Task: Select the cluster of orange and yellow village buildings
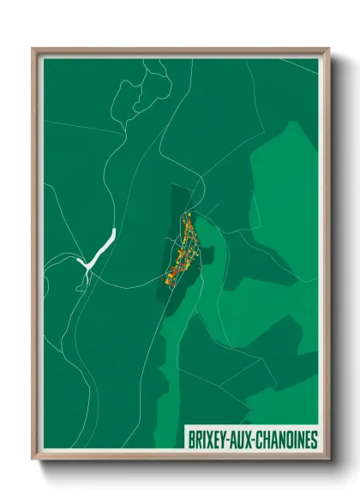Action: click(x=183, y=249)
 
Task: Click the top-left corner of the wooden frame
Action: click(x=33, y=49)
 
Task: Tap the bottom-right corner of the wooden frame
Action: click(x=328, y=461)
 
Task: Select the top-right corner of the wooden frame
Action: click(x=328, y=49)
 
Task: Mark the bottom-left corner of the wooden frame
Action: click(x=33, y=461)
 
